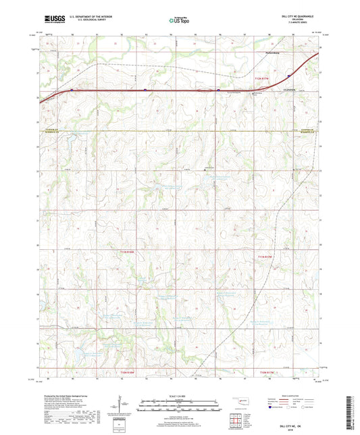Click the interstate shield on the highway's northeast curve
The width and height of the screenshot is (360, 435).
click(290, 75)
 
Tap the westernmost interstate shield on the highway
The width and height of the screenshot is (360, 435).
click(72, 89)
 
